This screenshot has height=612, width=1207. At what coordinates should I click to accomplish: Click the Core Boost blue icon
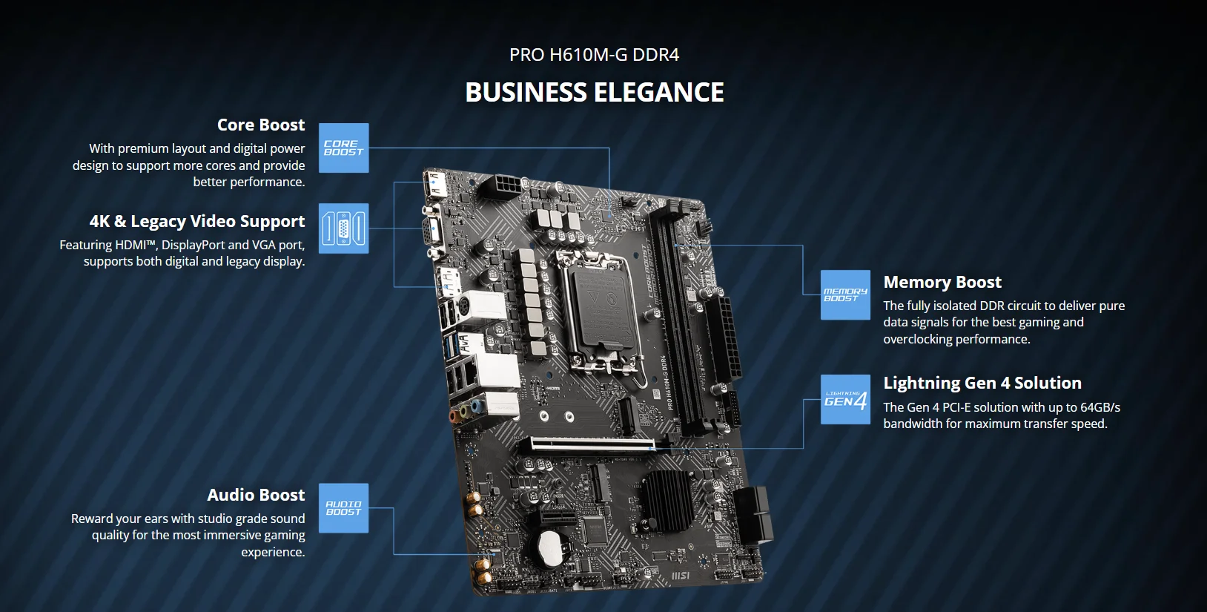point(343,148)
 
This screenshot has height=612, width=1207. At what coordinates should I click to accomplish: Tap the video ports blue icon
point(343,228)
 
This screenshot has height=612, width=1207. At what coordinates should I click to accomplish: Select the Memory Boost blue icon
point(845,295)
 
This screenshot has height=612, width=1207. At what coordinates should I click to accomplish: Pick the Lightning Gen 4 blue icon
point(845,400)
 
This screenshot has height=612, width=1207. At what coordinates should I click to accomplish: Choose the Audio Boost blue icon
point(343,508)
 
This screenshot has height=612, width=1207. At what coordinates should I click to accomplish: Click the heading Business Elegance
point(595,93)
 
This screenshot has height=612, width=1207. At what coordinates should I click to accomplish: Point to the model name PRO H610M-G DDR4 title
point(595,55)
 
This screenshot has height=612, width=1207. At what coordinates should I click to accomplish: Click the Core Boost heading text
point(261,125)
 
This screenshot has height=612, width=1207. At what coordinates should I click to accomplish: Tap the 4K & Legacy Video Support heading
point(197,221)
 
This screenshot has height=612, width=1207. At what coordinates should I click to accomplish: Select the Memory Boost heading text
point(942,282)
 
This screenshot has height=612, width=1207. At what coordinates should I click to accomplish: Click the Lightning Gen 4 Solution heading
point(982,383)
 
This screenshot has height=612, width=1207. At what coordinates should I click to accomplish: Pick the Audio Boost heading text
point(256,495)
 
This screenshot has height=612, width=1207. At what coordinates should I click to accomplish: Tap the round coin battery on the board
point(550,547)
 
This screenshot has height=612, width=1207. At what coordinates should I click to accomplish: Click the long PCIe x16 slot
point(593,445)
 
